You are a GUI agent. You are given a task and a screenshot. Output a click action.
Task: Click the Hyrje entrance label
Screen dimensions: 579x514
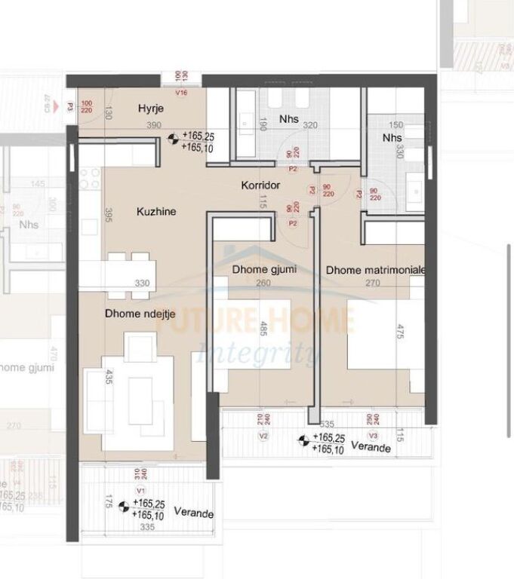tap(151, 109)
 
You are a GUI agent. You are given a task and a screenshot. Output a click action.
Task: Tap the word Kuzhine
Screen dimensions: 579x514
tap(156, 212)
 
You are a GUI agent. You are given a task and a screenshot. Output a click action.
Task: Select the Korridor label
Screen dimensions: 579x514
tap(260, 185)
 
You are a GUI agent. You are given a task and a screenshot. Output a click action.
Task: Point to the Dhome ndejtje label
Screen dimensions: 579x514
tap(135, 314)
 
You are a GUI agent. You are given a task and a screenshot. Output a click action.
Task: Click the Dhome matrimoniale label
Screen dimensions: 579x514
tap(377, 270)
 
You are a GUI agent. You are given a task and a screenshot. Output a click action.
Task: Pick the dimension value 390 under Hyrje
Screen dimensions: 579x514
tap(154, 125)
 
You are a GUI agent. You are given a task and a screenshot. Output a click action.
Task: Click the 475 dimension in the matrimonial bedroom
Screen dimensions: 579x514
tap(398, 332)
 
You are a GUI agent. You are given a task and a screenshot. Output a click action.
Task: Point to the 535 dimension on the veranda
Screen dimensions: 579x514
tap(327, 425)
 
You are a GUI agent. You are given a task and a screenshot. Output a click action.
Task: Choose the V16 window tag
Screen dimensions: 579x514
tap(180, 93)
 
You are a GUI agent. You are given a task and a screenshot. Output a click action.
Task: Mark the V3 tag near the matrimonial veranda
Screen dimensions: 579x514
tap(372, 436)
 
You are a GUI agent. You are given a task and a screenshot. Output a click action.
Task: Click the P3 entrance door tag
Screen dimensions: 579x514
tap(70, 108)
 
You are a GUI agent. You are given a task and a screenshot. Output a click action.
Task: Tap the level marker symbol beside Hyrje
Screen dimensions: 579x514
tap(174, 138)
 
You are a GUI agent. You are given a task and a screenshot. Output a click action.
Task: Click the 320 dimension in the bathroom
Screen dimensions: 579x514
tap(310, 127)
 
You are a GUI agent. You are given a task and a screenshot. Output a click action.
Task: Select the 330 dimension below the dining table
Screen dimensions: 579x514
tap(142, 283)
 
